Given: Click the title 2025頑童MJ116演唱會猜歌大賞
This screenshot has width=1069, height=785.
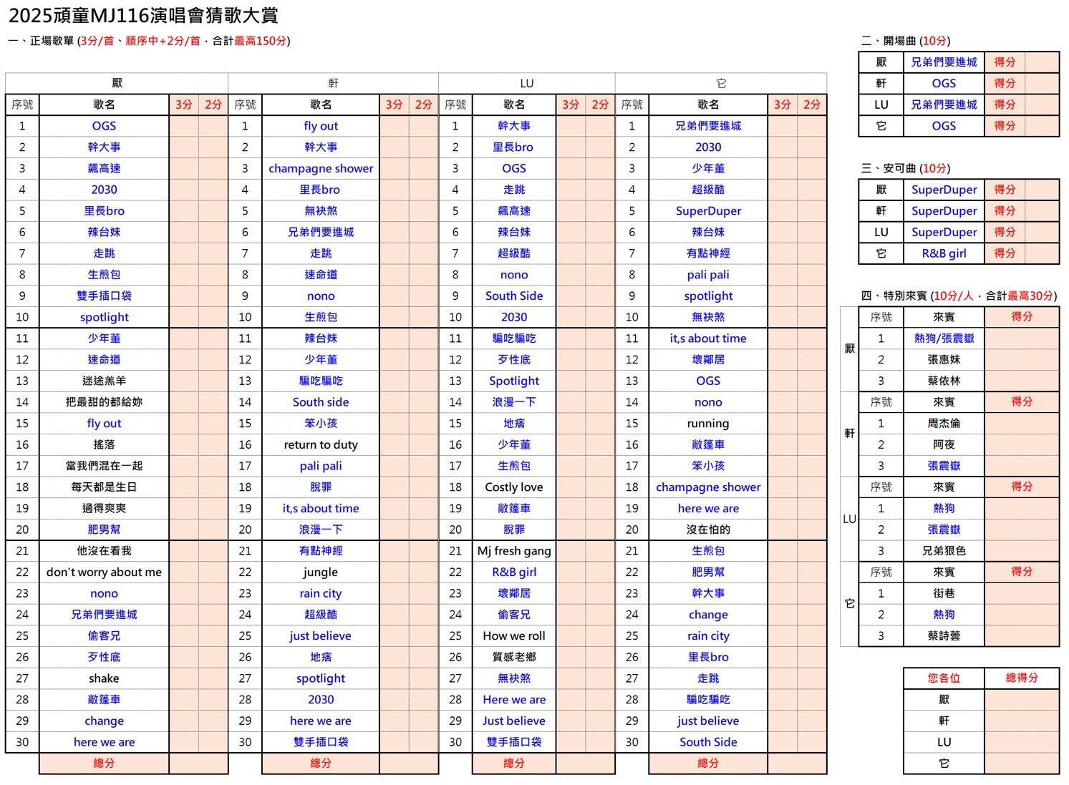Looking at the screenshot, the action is (x=143, y=15).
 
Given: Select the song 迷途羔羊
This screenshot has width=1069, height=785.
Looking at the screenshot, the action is (x=104, y=381).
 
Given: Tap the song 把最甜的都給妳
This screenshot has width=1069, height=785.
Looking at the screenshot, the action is (x=104, y=402).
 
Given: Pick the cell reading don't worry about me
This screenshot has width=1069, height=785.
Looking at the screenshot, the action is (x=104, y=572).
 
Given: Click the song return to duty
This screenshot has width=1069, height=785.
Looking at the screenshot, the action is (x=320, y=444).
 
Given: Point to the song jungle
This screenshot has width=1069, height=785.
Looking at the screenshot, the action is (x=320, y=572).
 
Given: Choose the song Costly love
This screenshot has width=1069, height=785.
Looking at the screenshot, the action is (x=513, y=487).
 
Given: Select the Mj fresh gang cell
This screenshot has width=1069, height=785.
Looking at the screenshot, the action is (x=513, y=551).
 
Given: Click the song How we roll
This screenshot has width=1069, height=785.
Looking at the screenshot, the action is (x=513, y=635).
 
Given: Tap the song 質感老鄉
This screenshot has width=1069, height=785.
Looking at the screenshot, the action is (x=513, y=657).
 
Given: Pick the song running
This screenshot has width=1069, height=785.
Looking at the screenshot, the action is (x=707, y=423).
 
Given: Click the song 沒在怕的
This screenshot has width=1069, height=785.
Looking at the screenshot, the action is (x=707, y=530).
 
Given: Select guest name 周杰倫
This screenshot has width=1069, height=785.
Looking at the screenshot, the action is (x=944, y=423).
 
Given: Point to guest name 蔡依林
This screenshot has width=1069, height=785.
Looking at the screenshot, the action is (x=944, y=381).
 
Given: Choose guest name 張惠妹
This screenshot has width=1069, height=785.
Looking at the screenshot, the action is (x=944, y=359).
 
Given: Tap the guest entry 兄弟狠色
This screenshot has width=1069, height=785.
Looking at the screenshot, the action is (x=944, y=551).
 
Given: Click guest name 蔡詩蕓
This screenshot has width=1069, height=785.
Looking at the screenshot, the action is (x=944, y=635).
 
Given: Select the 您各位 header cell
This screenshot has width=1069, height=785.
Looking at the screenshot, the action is (x=944, y=678).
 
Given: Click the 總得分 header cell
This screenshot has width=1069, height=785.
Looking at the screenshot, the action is (x=1022, y=678).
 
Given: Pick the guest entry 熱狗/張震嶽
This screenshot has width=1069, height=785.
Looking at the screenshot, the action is (x=944, y=338).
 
